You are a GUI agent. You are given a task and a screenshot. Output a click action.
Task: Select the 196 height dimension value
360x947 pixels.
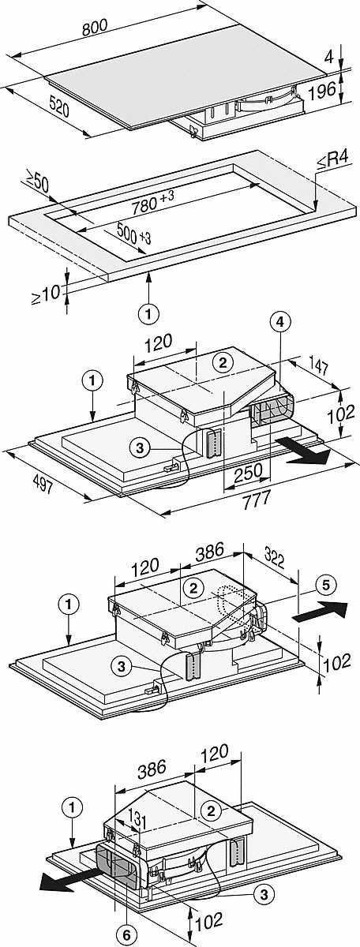324,89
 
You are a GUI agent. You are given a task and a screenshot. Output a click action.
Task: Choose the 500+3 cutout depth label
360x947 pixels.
133,234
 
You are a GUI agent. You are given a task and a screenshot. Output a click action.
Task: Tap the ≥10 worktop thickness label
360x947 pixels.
46,294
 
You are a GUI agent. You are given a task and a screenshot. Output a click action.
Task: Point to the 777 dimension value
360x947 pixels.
256,500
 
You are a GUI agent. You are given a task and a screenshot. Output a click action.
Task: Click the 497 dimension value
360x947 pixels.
42,486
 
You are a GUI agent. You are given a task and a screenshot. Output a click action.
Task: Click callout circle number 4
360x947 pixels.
281,323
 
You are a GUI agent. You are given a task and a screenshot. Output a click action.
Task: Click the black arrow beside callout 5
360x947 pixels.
320,612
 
